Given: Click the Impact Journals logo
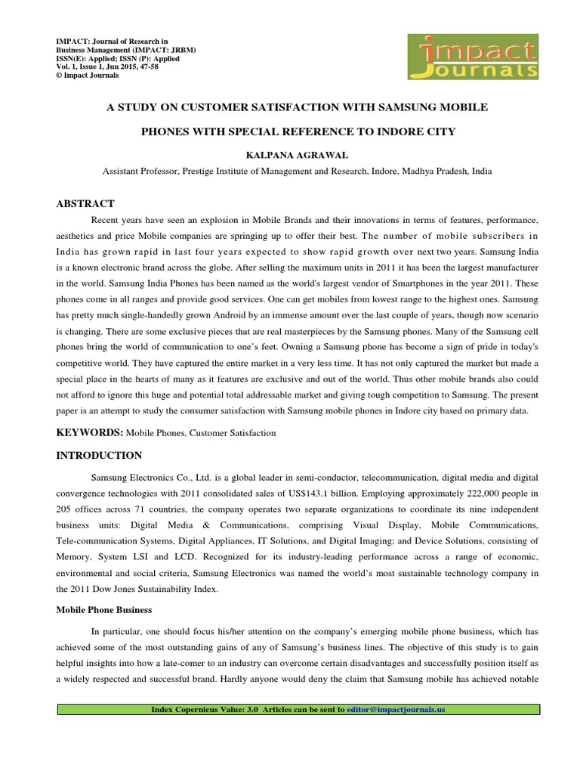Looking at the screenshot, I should [472, 57].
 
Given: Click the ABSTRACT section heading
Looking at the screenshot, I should [86, 203].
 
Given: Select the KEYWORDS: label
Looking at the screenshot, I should [90, 432].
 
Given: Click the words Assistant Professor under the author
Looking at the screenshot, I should [140, 171].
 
